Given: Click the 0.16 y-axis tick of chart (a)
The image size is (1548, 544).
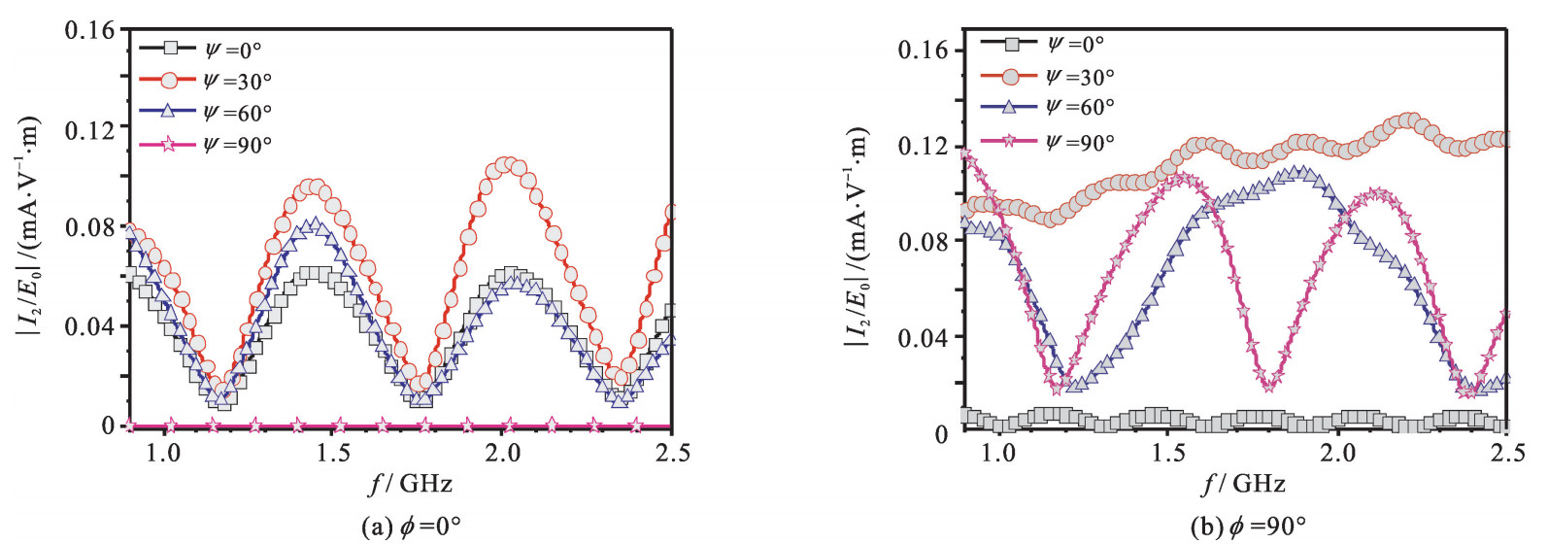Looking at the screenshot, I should pos(90,30).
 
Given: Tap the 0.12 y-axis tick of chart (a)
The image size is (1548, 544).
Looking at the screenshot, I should pos(90,129).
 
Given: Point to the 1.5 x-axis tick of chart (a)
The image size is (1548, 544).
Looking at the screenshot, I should pos(332,453).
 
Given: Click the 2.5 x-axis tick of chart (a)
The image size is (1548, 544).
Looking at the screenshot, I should pos(672,453).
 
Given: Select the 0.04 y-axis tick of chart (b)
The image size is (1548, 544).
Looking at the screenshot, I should pos(923,338).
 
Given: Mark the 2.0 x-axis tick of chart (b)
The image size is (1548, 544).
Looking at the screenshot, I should pos(1336,453).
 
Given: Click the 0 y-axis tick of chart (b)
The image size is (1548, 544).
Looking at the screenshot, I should pos(940,434).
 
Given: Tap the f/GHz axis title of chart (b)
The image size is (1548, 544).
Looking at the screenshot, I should pos(1244,483).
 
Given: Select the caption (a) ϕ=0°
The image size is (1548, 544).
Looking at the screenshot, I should pos(411,527).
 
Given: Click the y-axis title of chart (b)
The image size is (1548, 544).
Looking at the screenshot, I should pos(858,238).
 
